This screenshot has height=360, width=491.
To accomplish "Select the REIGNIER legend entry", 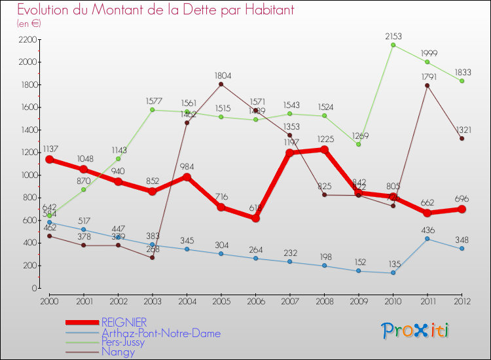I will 124,322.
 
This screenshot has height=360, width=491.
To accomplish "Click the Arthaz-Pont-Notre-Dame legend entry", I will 160,333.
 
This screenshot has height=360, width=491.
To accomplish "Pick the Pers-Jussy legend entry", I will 129,342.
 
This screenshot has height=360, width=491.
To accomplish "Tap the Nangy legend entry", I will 118,352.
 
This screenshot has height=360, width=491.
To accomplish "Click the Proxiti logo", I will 416,330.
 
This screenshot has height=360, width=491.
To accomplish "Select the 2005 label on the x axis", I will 221,300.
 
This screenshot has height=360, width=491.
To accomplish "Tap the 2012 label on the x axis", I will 462,300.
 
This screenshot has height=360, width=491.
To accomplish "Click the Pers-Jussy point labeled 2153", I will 393,45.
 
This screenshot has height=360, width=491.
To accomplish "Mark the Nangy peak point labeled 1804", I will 221,84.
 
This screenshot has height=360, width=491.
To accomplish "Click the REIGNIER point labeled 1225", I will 323,150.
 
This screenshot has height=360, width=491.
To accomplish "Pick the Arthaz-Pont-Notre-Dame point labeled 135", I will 393,272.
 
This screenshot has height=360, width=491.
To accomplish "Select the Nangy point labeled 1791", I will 427,86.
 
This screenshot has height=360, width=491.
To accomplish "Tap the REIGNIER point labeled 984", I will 187,177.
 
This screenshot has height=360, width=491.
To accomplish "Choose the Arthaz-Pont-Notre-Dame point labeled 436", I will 427,239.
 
